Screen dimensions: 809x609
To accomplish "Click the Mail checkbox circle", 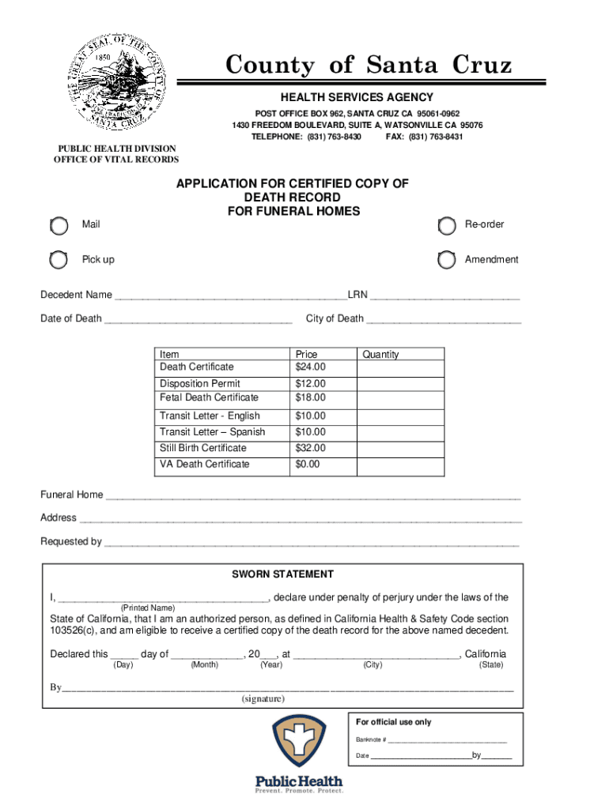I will pyautogui.click(x=59, y=227).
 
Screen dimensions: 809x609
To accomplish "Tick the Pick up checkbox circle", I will pyautogui.click(x=59, y=260).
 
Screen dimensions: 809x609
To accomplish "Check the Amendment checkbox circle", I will pyautogui.click(x=447, y=260).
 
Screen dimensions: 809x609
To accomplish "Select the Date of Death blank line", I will pyautogui.click(x=198, y=321).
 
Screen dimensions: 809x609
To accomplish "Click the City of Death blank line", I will pyautogui.click(x=444, y=321).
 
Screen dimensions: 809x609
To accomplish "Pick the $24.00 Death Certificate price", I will pyautogui.click(x=310, y=367).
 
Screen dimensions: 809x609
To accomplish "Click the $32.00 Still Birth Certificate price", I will pyautogui.click(x=310, y=448).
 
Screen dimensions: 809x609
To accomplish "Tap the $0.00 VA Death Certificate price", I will pyautogui.click(x=308, y=465).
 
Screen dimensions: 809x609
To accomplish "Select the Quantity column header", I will pyautogui.click(x=380, y=355).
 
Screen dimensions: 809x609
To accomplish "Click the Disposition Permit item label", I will pyautogui.click(x=200, y=383).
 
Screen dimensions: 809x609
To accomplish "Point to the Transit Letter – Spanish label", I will pyautogui.click(x=212, y=432).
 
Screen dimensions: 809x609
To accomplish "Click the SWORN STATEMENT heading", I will pyautogui.click(x=282, y=574).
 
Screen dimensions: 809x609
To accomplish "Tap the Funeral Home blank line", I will pyautogui.click(x=313, y=497).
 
